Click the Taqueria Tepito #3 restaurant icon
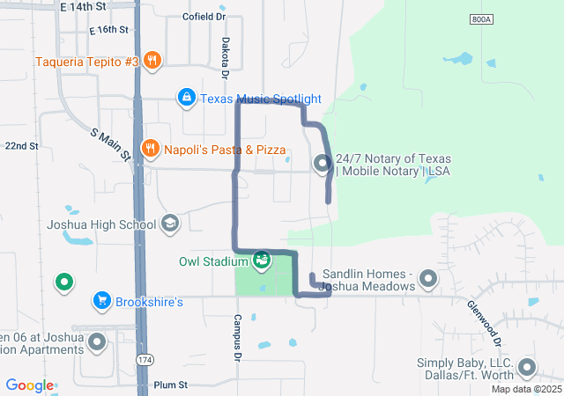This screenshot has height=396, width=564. click(152, 61)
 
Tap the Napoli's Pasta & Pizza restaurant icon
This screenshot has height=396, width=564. click(150, 149)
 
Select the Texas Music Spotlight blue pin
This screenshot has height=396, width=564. click(186, 98)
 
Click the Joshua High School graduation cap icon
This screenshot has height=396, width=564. click(169, 224)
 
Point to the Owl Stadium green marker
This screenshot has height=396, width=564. click(262, 260)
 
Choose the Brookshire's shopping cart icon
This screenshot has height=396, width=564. click(102, 302)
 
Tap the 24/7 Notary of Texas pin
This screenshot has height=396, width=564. click(323, 163)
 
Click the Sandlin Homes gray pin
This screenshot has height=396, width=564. click(428, 279)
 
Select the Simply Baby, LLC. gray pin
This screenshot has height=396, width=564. click(527, 368)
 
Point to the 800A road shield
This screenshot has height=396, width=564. click(480, 18)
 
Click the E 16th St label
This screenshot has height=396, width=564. click(108, 29)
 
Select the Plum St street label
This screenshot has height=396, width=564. click(171, 385)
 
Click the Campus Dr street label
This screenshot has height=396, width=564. click(237, 338)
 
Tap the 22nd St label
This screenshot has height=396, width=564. click(21, 146)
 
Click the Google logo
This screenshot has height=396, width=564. click(30, 385)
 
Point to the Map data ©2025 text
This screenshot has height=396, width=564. click(526, 389)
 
